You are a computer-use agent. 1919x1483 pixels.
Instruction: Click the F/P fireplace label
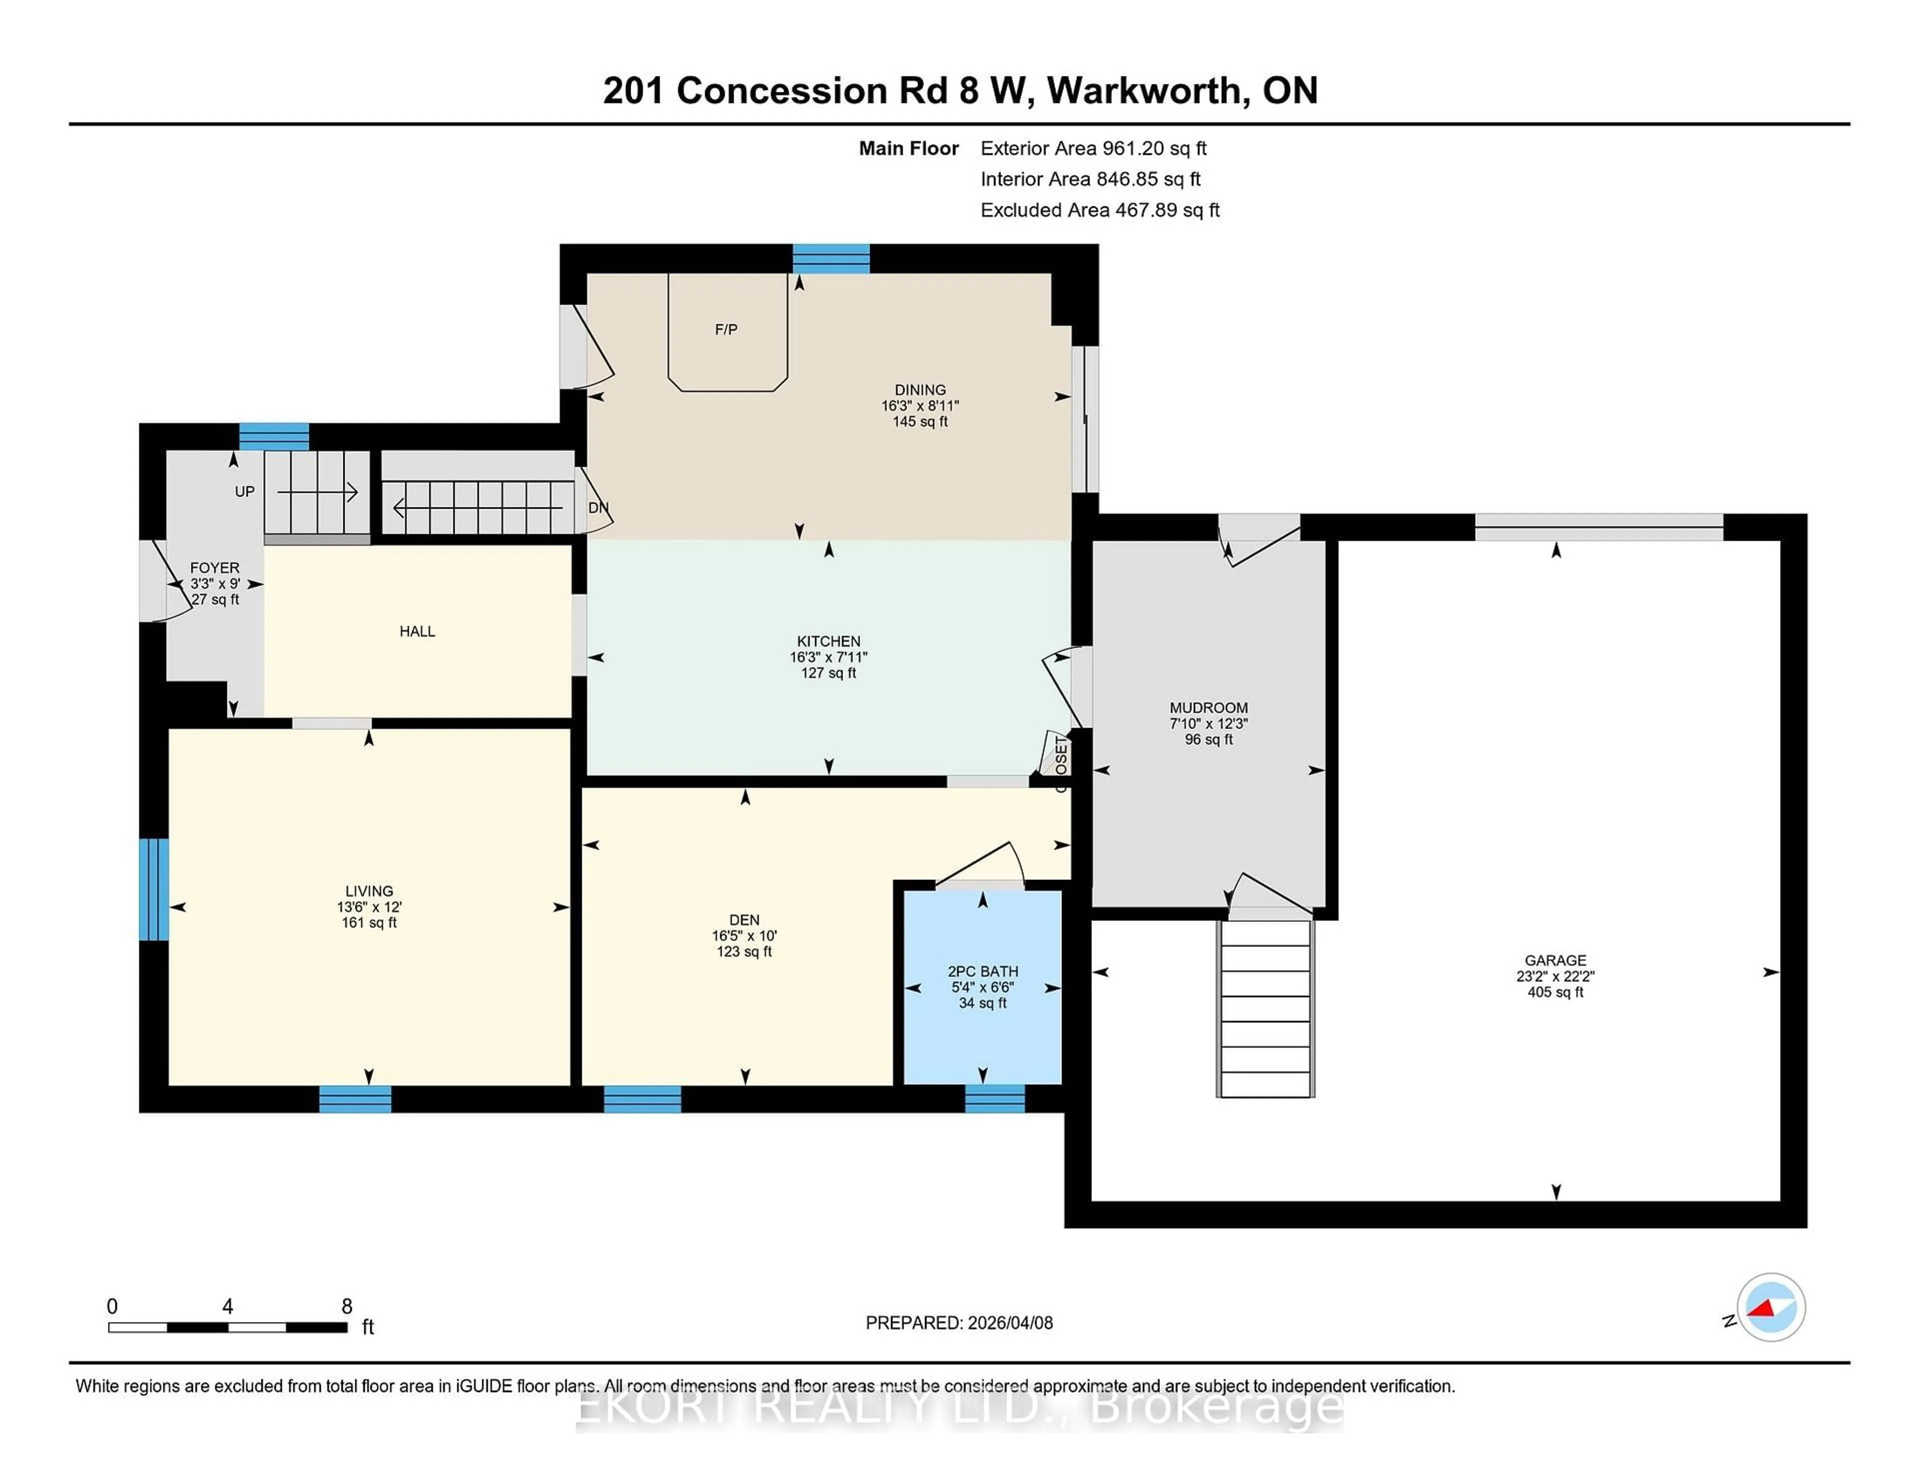click(x=726, y=329)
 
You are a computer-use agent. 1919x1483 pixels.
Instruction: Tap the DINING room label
click(x=920, y=389)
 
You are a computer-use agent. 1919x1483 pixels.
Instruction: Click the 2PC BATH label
click(x=982, y=971)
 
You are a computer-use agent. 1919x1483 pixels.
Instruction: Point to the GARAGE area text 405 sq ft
click(x=1555, y=992)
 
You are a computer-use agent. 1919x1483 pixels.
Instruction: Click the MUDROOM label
click(x=1208, y=707)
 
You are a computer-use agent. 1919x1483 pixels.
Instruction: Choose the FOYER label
click(x=214, y=568)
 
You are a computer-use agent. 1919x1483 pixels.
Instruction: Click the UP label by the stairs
click(x=244, y=491)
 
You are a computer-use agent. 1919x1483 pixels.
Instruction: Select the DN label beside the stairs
click(x=598, y=508)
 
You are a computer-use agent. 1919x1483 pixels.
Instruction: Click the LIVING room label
click(x=369, y=891)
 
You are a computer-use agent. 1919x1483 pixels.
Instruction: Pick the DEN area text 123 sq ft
click(x=744, y=951)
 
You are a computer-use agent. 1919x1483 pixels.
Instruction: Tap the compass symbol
click(x=1771, y=1307)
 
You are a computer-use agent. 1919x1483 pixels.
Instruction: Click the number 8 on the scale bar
click(x=347, y=1307)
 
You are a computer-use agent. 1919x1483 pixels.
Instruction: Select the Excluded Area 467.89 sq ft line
click(x=1099, y=210)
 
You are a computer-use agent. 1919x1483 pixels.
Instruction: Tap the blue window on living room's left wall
click(x=154, y=889)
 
